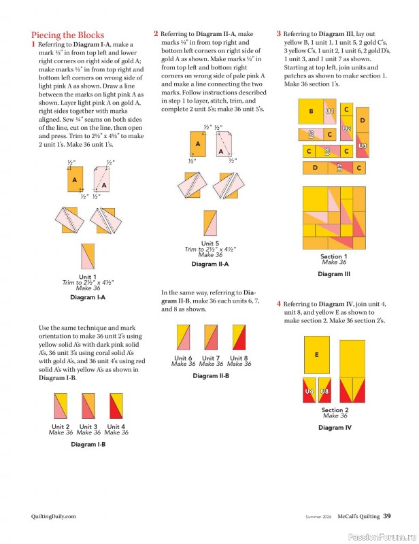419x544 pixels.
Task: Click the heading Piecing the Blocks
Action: click(x=67, y=35)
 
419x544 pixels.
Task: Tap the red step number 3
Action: click(x=279, y=33)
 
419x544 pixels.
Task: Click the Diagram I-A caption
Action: click(x=88, y=297)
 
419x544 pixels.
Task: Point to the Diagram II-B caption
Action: click(x=210, y=375)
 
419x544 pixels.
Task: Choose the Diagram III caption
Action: click(x=333, y=274)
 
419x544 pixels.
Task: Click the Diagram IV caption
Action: click(x=334, y=428)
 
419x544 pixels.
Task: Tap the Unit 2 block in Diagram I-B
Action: click(x=60, y=406)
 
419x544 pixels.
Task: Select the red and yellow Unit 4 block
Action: click(x=116, y=406)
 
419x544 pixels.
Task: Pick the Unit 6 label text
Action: click(x=183, y=358)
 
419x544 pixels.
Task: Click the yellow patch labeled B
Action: click(x=312, y=112)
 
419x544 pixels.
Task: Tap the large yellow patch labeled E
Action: click(x=317, y=354)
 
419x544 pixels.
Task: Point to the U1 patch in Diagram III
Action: click(x=330, y=110)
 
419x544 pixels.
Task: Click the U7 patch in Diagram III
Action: click(x=339, y=167)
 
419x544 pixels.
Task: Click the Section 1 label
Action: click(x=333, y=256)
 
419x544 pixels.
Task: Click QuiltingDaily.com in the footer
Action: click(x=49, y=516)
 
